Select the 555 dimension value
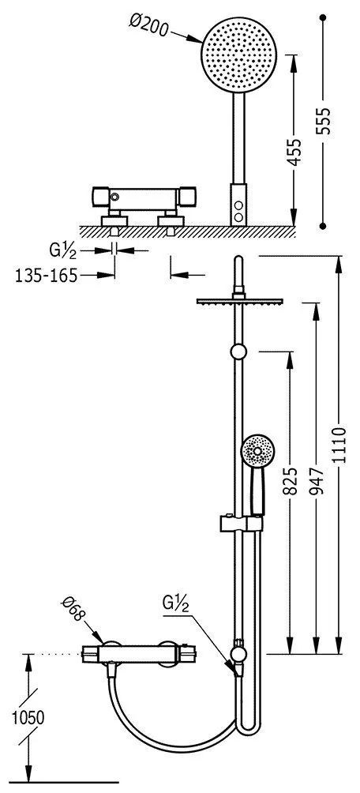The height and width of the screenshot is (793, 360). click(x=323, y=120)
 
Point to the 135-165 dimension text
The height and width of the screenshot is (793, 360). click(x=47, y=275)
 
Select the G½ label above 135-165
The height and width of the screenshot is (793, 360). click(x=64, y=250)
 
